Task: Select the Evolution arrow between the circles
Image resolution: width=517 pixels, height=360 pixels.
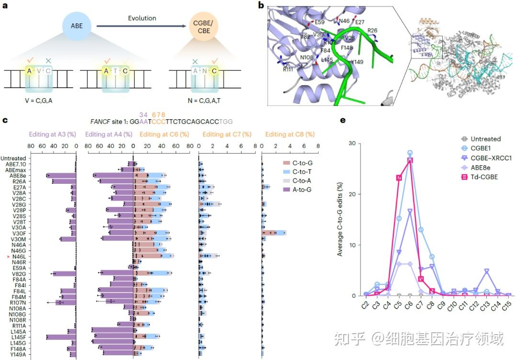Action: point(141,27)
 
